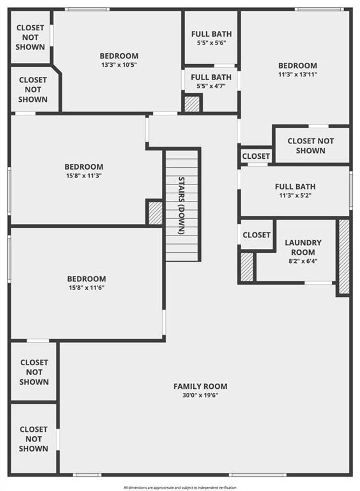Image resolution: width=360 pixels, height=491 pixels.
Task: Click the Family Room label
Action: (x=200, y=386)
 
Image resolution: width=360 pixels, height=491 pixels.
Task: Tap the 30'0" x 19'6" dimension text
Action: (x=200, y=395)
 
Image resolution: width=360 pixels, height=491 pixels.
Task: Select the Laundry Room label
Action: (x=303, y=247)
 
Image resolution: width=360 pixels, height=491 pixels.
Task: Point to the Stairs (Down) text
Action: (x=181, y=206)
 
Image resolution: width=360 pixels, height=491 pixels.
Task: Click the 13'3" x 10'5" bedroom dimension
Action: (x=119, y=65)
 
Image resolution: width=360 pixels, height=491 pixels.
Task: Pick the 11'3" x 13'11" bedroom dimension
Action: (x=298, y=74)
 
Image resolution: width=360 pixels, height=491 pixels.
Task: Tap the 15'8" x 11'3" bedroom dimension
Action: (x=84, y=175)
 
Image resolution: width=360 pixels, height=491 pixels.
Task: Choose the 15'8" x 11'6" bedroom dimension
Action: (x=86, y=288)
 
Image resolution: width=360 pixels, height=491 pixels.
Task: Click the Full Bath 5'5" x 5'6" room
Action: (x=211, y=38)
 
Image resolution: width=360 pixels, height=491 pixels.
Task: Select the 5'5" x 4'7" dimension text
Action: (x=211, y=86)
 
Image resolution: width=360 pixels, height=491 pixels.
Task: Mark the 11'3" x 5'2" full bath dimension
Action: (x=295, y=196)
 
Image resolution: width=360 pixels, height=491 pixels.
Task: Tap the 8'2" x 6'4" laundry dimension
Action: (x=302, y=261)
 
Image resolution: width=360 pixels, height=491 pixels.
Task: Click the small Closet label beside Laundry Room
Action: (x=256, y=235)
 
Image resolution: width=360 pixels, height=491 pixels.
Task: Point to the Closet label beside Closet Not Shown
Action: (x=256, y=156)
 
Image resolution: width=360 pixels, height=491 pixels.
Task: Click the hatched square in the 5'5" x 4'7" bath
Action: (x=192, y=104)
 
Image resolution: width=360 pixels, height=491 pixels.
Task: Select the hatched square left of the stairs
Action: (x=155, y=213)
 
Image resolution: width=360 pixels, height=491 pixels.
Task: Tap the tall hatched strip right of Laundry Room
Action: (x=344, y=257)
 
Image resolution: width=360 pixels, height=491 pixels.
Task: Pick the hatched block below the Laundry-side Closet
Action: (x=247, y=267)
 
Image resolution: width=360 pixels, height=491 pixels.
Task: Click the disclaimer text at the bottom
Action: (x=180, y=488)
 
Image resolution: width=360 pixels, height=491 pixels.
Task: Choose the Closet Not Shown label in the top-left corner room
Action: (x=30, y=37)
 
